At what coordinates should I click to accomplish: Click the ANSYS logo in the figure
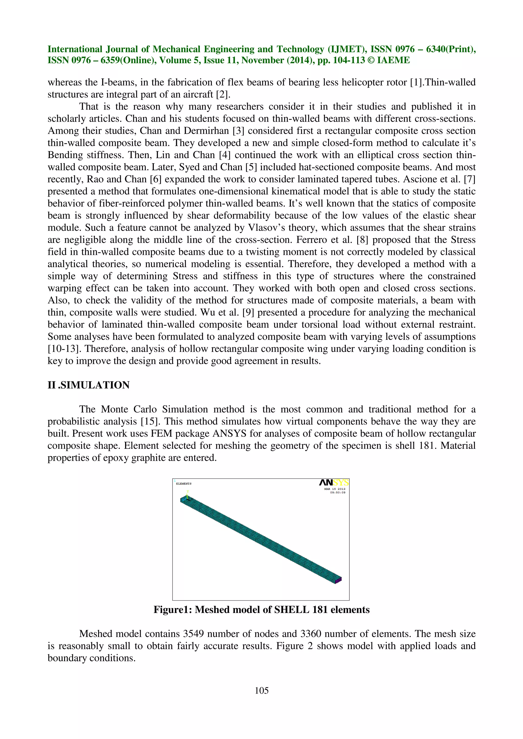[334, 482]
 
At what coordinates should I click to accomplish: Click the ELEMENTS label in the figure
[184, 483]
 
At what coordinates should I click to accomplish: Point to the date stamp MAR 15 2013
[335, 489]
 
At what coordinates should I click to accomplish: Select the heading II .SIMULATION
[89, 385]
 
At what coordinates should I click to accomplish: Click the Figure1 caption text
[261, 610]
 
